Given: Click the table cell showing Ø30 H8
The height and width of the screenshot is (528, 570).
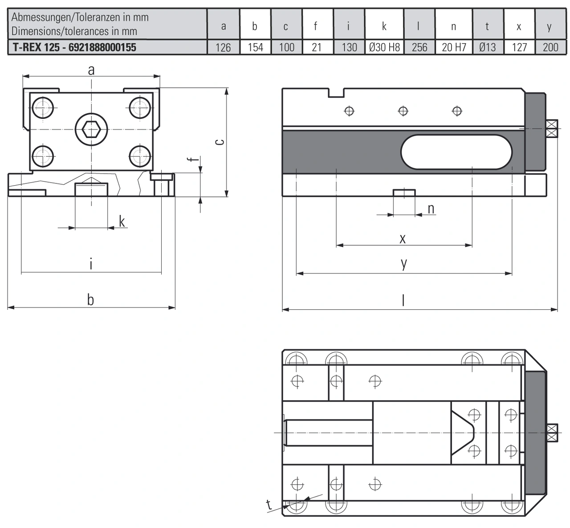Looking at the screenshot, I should click(384, 47).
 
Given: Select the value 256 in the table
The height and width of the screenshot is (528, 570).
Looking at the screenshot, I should click(419, 47).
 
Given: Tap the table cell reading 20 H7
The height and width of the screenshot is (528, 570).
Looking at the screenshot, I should click(454, 47).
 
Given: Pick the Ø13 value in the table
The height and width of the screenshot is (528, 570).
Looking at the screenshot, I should click(488, 47).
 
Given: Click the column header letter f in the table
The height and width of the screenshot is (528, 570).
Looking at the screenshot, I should click(316, 26).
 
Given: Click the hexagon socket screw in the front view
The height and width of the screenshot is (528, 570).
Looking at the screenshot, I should click(91, 129).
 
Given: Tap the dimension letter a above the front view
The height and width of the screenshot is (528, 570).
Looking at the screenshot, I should click(91, 70).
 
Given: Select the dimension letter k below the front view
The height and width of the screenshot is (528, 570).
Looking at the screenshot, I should click(122, 221).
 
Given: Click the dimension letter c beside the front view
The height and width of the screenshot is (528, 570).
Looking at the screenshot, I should click(219, 142).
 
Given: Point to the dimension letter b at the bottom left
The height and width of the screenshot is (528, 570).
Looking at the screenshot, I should click(90, 300).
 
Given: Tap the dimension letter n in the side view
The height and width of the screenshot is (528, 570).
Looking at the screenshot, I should click(431, 208).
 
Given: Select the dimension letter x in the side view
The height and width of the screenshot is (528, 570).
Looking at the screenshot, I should click(403, 239).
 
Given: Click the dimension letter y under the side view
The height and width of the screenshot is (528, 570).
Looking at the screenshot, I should click(403, 264).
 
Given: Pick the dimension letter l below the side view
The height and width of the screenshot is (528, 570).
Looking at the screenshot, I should click(403, 301).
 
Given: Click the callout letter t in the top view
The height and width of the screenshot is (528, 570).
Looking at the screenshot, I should click(269, 504).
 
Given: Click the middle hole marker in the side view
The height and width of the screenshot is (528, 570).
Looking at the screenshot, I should click(403, 110).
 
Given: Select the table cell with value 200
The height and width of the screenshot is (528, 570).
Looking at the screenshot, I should click(550, 47).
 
